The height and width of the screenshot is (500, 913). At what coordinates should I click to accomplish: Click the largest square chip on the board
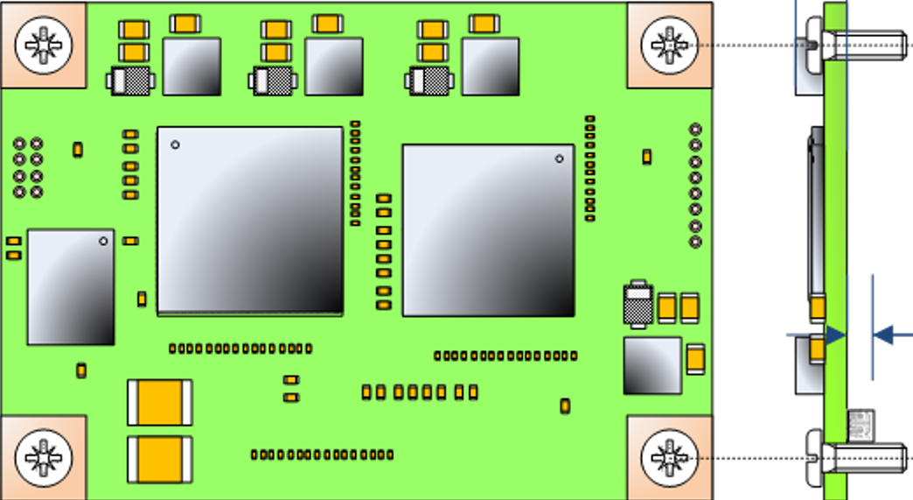point(250,220)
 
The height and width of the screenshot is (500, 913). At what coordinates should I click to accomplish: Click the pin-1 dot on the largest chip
point(175,144)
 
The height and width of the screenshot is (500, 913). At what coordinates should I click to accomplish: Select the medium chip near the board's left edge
point(71,287)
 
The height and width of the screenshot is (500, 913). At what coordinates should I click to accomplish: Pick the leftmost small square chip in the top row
point(192,67)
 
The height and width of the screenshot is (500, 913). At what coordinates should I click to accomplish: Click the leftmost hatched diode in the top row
point(131,81)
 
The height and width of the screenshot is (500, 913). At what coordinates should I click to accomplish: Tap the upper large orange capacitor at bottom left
point(160,403)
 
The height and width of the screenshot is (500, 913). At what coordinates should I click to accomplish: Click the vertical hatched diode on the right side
point(638,303)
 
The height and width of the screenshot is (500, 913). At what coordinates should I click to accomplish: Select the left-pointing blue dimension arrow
point(891,335)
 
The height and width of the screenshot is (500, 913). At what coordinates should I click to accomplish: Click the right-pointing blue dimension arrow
point(819,335)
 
